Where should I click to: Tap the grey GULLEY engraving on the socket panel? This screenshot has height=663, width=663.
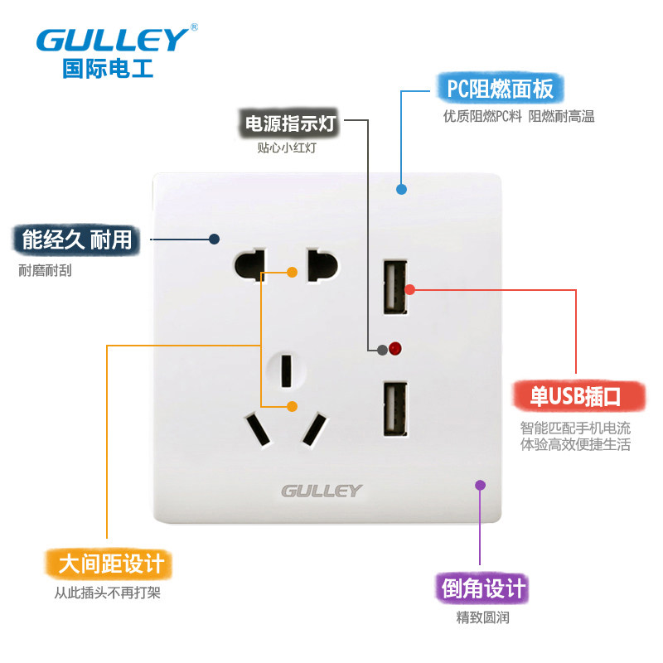click(x=322, y=491)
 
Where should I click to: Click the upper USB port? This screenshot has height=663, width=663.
click(x=394, y=288)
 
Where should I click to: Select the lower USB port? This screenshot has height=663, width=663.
click(x=394, y=409)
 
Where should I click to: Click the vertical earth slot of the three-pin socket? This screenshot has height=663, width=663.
click(x=286, y=370)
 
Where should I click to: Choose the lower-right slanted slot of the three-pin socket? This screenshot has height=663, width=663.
click(x=314, y=428)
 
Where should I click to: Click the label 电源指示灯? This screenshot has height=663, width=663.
click(x=289, y=124)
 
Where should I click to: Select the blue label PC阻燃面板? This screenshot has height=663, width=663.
click(x=496, y=88)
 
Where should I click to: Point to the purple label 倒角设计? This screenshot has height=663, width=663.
click(x=481, y=589)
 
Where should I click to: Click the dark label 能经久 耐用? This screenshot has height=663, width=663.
click(x=76, y=240)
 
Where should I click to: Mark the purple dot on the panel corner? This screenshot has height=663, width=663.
click(x=480, y=485)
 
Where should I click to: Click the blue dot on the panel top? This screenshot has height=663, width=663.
click(x=401, y=189)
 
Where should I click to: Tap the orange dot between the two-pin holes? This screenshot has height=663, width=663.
click(x=292, y=272)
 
